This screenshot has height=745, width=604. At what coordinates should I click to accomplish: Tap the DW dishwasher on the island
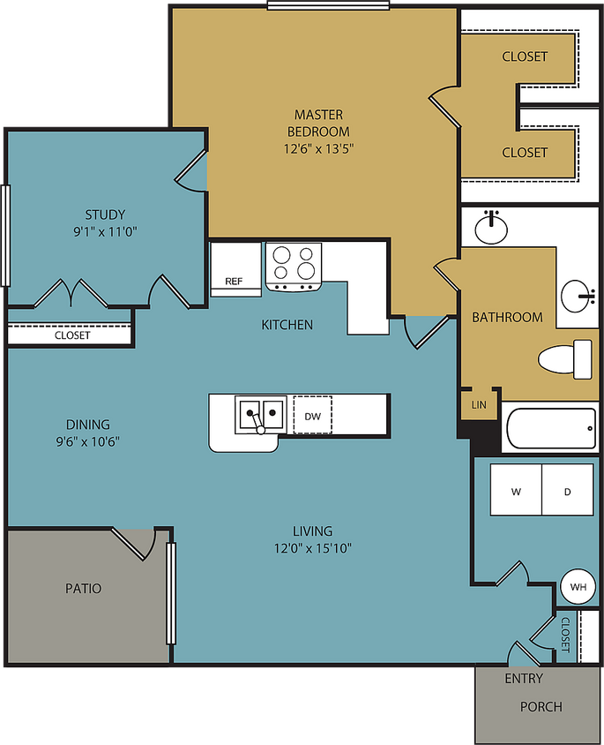tap(312, 415)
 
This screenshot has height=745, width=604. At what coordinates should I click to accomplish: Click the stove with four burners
tap(294, 265)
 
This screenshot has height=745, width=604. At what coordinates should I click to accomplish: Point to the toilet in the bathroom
tap(565, 358)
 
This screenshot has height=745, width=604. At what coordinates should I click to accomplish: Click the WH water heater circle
tap(578, 587)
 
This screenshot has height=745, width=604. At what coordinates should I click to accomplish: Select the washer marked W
tap(515, 491)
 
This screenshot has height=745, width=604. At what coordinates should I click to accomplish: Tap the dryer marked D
tap(566, 491)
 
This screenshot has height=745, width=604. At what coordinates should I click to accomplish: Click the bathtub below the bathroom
tap(550, 429)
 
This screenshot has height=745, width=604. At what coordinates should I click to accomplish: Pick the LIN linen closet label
tap(479, 404)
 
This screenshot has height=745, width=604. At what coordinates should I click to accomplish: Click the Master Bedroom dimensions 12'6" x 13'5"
tap(318, 148)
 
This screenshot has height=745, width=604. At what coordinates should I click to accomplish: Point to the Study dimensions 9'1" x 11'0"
tap(105, 232)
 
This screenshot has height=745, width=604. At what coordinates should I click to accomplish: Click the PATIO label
tap(83, 588)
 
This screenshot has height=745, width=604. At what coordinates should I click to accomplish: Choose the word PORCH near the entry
tap(541, 706)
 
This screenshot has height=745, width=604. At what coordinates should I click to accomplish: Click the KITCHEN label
tap(287, 325)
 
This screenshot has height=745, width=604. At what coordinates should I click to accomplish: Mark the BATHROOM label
tap(507, 317)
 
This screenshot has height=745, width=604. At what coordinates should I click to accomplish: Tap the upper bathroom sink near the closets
tap(491, 229)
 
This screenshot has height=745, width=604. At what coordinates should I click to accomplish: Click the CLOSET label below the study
tap(72, 335)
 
